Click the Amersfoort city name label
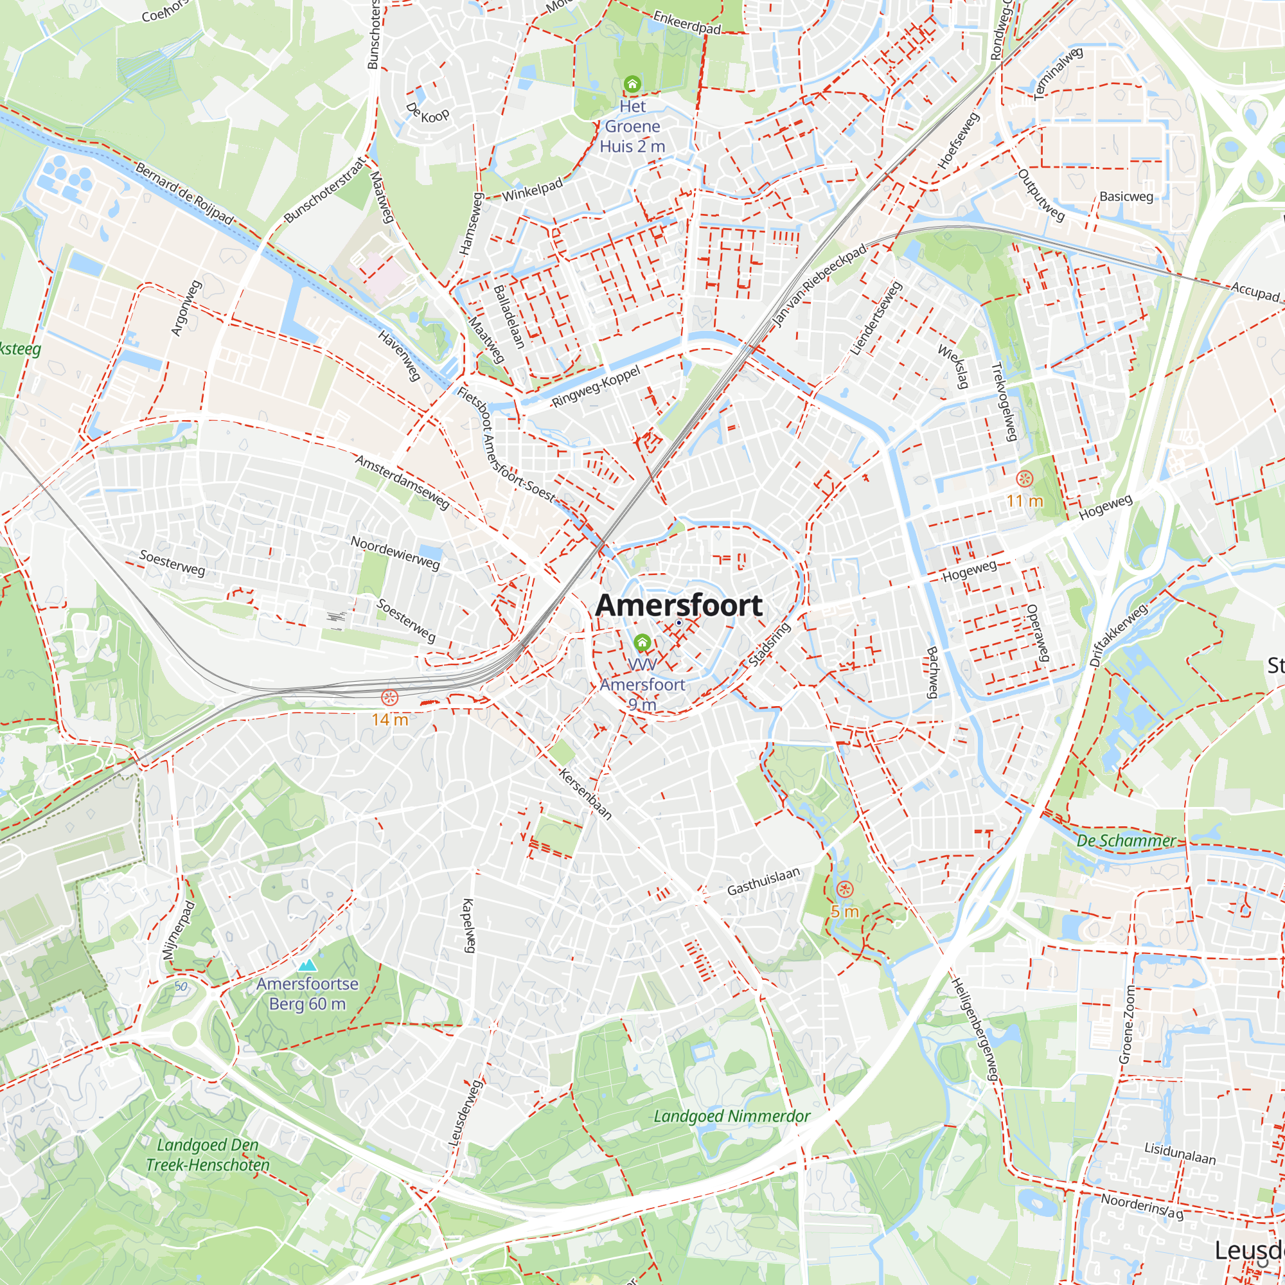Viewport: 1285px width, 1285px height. pos(678,605)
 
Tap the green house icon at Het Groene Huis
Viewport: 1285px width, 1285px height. pos(632,84)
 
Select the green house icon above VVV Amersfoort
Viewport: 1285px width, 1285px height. pos(642,642)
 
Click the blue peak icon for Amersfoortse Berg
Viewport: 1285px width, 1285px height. pos(306,965)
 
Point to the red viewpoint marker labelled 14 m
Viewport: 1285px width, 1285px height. pos(389,698)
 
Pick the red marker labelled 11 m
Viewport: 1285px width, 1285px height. pos(1025,478)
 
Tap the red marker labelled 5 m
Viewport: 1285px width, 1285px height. pos(844,889)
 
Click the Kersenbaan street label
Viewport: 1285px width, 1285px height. pos(585,793)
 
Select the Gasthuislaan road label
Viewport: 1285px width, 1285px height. pos(763,882)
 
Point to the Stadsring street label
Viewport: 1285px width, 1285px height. pos(770,644)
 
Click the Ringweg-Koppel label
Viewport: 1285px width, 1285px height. pos(596,386)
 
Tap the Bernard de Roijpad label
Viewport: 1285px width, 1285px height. pos(184,193)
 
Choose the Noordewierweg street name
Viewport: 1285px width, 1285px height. pos(395,553)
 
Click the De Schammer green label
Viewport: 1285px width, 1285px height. pos(1126,840)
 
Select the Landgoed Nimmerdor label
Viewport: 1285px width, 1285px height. pos(732,1116)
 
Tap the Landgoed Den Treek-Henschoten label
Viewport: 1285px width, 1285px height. pos(208,1155)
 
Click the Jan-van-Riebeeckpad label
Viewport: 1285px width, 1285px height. pos(819,285)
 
